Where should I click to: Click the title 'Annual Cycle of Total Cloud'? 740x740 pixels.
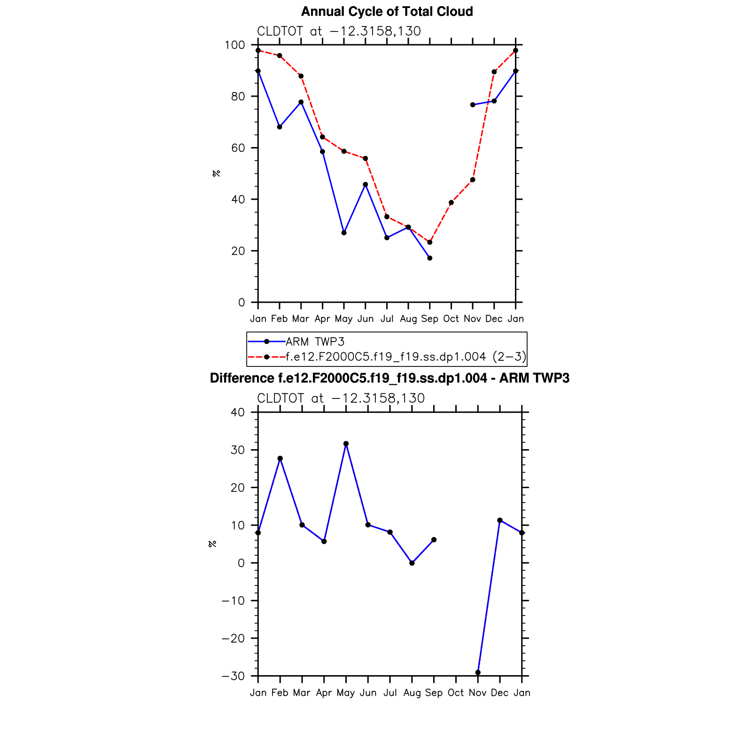pos(387,12)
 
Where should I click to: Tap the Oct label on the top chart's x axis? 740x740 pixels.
pos(451,319)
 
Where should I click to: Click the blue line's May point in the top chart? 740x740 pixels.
pos(344,233)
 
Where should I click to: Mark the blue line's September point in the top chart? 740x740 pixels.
pos(430,258)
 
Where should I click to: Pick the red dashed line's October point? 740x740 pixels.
pos(451,203)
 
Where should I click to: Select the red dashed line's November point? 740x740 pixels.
pos(473,180)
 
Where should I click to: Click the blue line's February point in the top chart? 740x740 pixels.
pos(280,127)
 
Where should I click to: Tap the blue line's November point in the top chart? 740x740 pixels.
pos(473,105)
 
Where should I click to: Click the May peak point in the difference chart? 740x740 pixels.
pos(346,444)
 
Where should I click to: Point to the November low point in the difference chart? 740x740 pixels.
pos(478,672)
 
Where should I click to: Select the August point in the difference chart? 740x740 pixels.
pos(412,563)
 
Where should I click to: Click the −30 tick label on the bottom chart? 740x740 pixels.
pos(234,676)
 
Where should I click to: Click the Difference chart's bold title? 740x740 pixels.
pos(389,378)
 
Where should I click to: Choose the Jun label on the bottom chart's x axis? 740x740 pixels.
pos(368,693)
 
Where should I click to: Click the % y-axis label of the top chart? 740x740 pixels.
pos(216,173)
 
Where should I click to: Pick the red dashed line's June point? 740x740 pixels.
pos(366,158)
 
